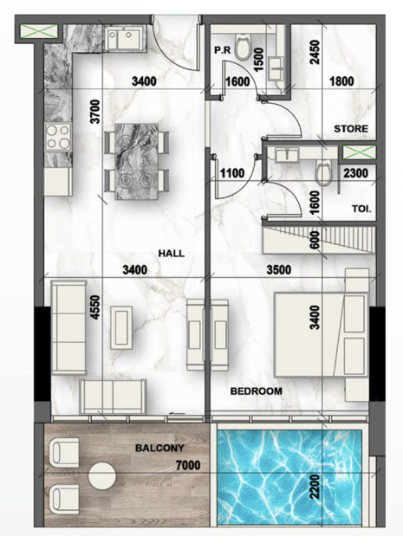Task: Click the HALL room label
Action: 171,254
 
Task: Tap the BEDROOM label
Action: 257,391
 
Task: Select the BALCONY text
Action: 159,448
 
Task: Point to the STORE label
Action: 351,129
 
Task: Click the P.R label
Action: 223,50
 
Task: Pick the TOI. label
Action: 361,209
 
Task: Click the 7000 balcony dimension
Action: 188,465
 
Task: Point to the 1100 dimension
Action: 232,173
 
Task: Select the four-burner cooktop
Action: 58,137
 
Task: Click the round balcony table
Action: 102,475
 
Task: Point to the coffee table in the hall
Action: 122,327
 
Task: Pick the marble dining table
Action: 137,161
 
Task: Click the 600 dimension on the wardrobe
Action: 315,241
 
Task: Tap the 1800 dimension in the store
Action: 341,81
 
